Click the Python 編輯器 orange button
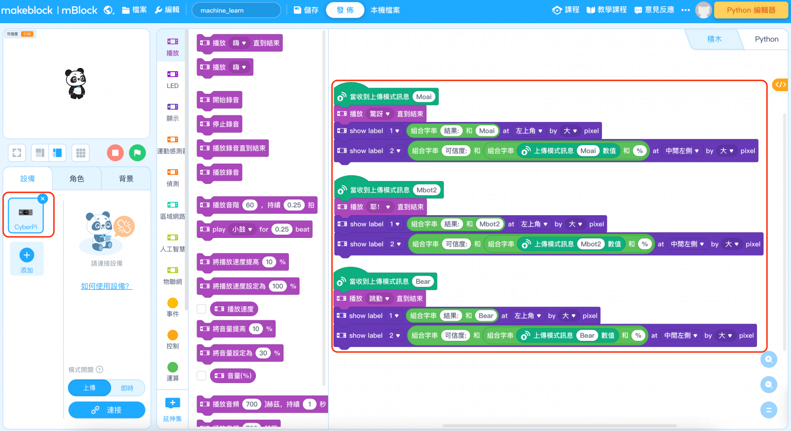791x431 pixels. (751, 10)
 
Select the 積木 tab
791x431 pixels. (714, 39)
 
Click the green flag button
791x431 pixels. (137, 152)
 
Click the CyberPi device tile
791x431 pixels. (26, 216)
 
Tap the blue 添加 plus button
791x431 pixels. (27, 255)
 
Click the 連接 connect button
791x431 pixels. (107, 410)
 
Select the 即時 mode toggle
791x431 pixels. (127, 388)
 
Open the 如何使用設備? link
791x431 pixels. (107, 286)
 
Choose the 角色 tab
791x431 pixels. (77, 179)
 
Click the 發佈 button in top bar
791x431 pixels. (345, 10)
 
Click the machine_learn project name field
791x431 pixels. (236, 10)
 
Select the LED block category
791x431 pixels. (173, 79)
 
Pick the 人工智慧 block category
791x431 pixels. (173, 243)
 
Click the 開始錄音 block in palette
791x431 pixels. (220, 100)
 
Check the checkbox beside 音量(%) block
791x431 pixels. (201, 375)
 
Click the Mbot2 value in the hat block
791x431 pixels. (426, 190)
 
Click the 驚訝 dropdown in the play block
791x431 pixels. (380, 114)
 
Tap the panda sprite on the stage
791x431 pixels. (76, 83)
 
